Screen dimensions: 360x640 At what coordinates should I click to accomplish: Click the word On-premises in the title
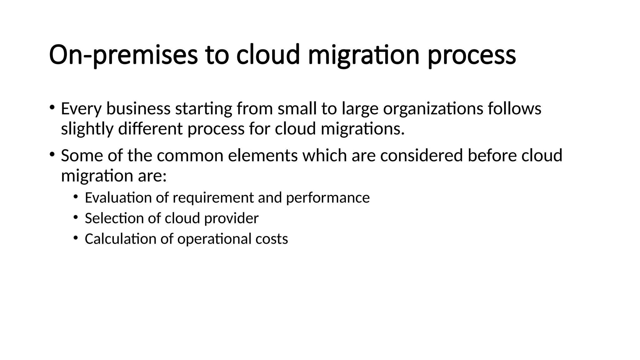[x=123, y=55]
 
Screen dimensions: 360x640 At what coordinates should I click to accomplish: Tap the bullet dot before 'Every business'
[x=52, y=107]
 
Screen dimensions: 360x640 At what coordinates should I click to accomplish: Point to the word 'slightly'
[x=87, y=129]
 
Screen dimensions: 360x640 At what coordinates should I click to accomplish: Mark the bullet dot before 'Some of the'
[x=52, y=154]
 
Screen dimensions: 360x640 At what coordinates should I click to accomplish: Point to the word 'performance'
[x=328, y=198]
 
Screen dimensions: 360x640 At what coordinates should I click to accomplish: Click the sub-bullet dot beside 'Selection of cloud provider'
[x=75, y=217]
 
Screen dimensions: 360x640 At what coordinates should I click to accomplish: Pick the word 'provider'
[x=231, y=218]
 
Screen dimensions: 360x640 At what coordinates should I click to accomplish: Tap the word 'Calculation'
[x=120, y=239]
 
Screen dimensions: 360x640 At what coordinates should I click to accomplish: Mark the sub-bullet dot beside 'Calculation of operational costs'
[x=75, y=237]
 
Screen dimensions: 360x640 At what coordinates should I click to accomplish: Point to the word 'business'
[x=138, y=109]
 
